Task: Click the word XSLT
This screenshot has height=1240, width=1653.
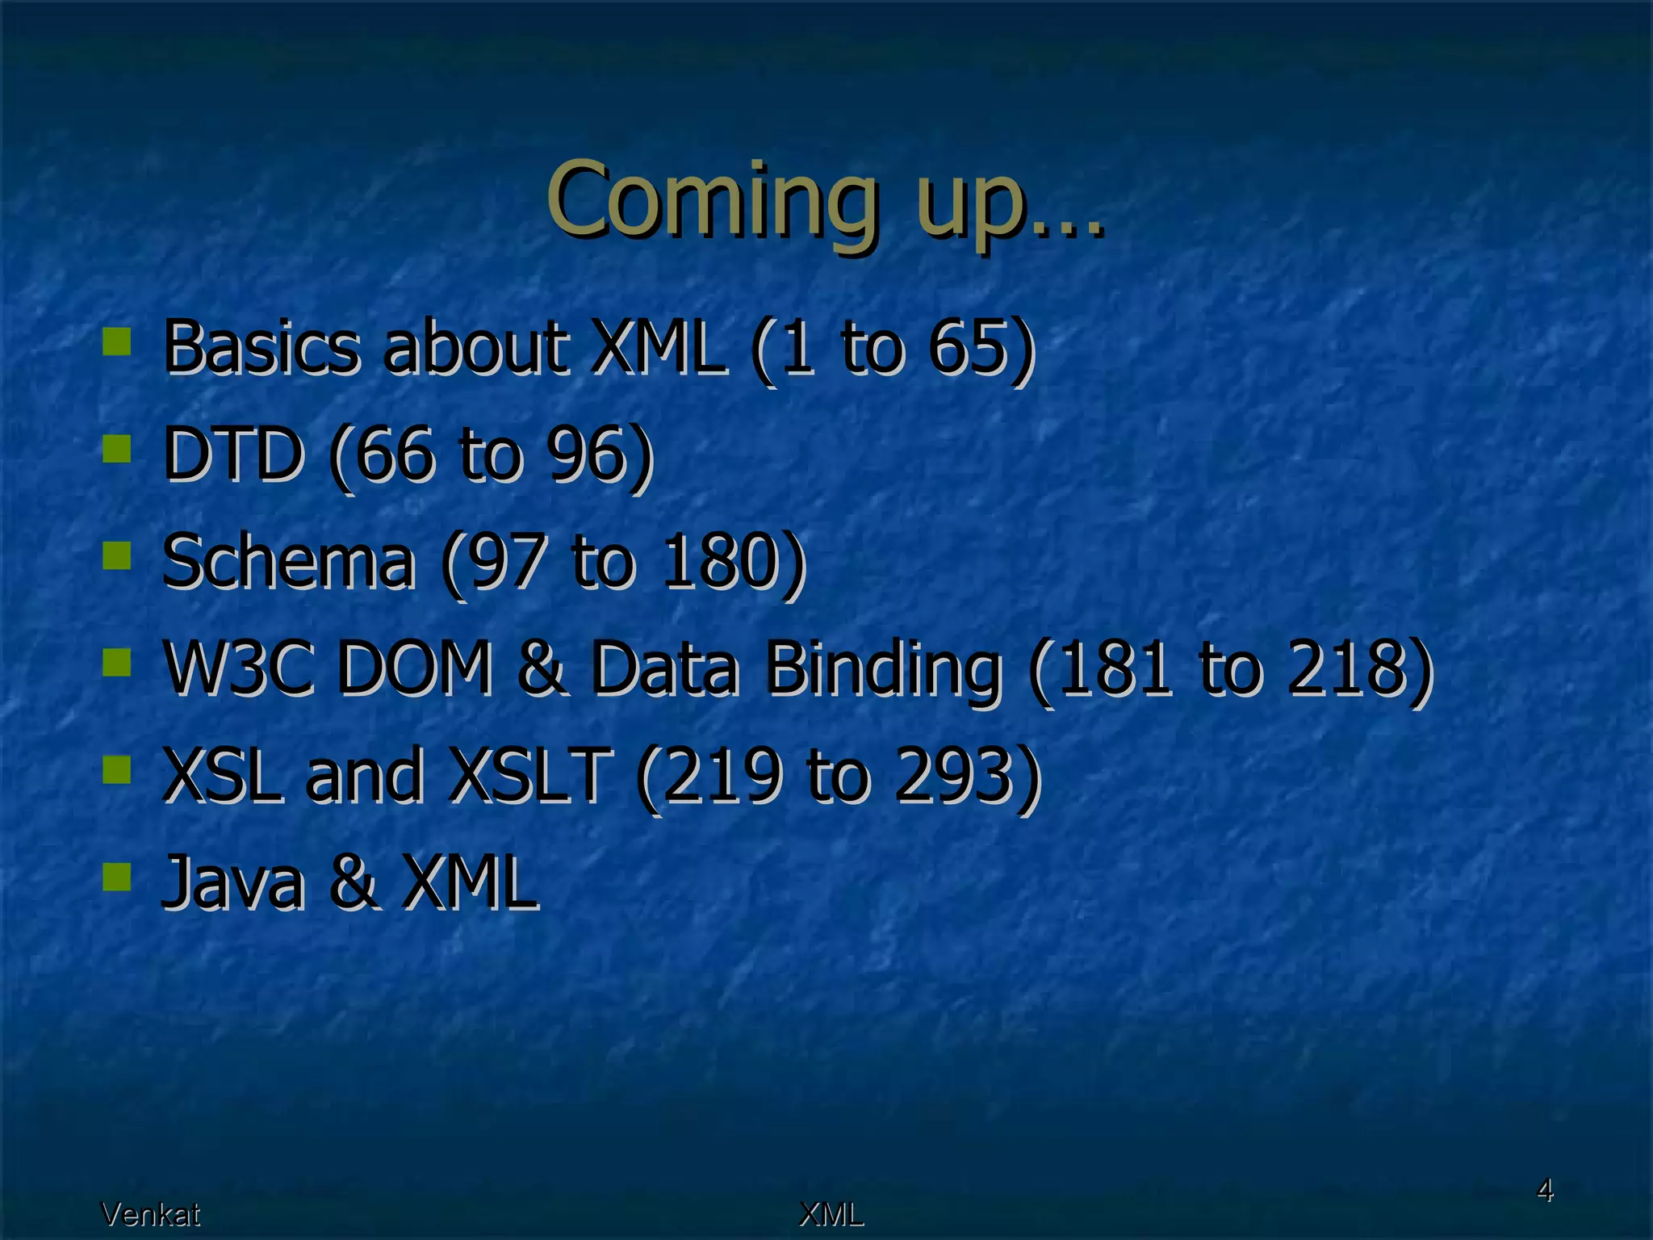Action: tap(529, 775)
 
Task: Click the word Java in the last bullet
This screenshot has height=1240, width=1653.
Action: tap(233, 882)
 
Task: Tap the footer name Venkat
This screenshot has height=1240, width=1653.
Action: tap(150, 1213)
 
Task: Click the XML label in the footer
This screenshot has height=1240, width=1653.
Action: tap(831, 1213)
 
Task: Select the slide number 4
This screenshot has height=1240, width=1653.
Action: tap(1544, 1190)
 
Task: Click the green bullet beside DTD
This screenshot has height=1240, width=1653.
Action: tap(117, 448)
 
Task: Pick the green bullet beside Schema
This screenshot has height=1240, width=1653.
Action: tap(117, 555)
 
